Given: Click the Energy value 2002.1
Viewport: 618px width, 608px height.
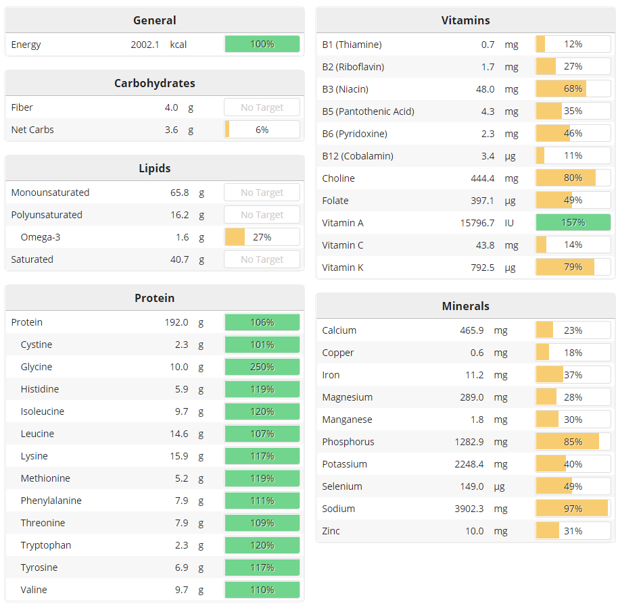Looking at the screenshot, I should click(145, 45).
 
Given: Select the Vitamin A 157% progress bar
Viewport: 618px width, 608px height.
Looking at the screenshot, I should click(573, 223).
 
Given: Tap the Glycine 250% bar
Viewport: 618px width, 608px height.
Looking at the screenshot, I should click(262, 367).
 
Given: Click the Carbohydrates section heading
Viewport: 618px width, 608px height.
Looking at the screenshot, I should click(154, 83).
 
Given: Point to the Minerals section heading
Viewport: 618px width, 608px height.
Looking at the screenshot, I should click(465, 306).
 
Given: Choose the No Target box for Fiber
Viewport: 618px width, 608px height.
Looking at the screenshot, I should click(262, 107).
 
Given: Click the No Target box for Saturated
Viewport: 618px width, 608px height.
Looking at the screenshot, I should click(262, 259).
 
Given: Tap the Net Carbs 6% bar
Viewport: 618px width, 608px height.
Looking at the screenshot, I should click(262, 130).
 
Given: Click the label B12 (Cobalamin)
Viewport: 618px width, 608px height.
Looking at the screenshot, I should click(358, 156).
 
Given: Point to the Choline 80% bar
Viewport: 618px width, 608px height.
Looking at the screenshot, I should click(573, 178).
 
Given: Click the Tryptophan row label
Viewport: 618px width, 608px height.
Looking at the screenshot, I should click(46, 545).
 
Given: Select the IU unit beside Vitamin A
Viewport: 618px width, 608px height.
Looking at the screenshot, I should click(510, 223).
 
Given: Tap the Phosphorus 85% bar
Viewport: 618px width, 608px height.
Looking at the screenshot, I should click(573, 442).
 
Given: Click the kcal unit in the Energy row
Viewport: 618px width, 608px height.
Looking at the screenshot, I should click(179, 45).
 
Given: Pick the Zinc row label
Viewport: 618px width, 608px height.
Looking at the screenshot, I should click(331, 531).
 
